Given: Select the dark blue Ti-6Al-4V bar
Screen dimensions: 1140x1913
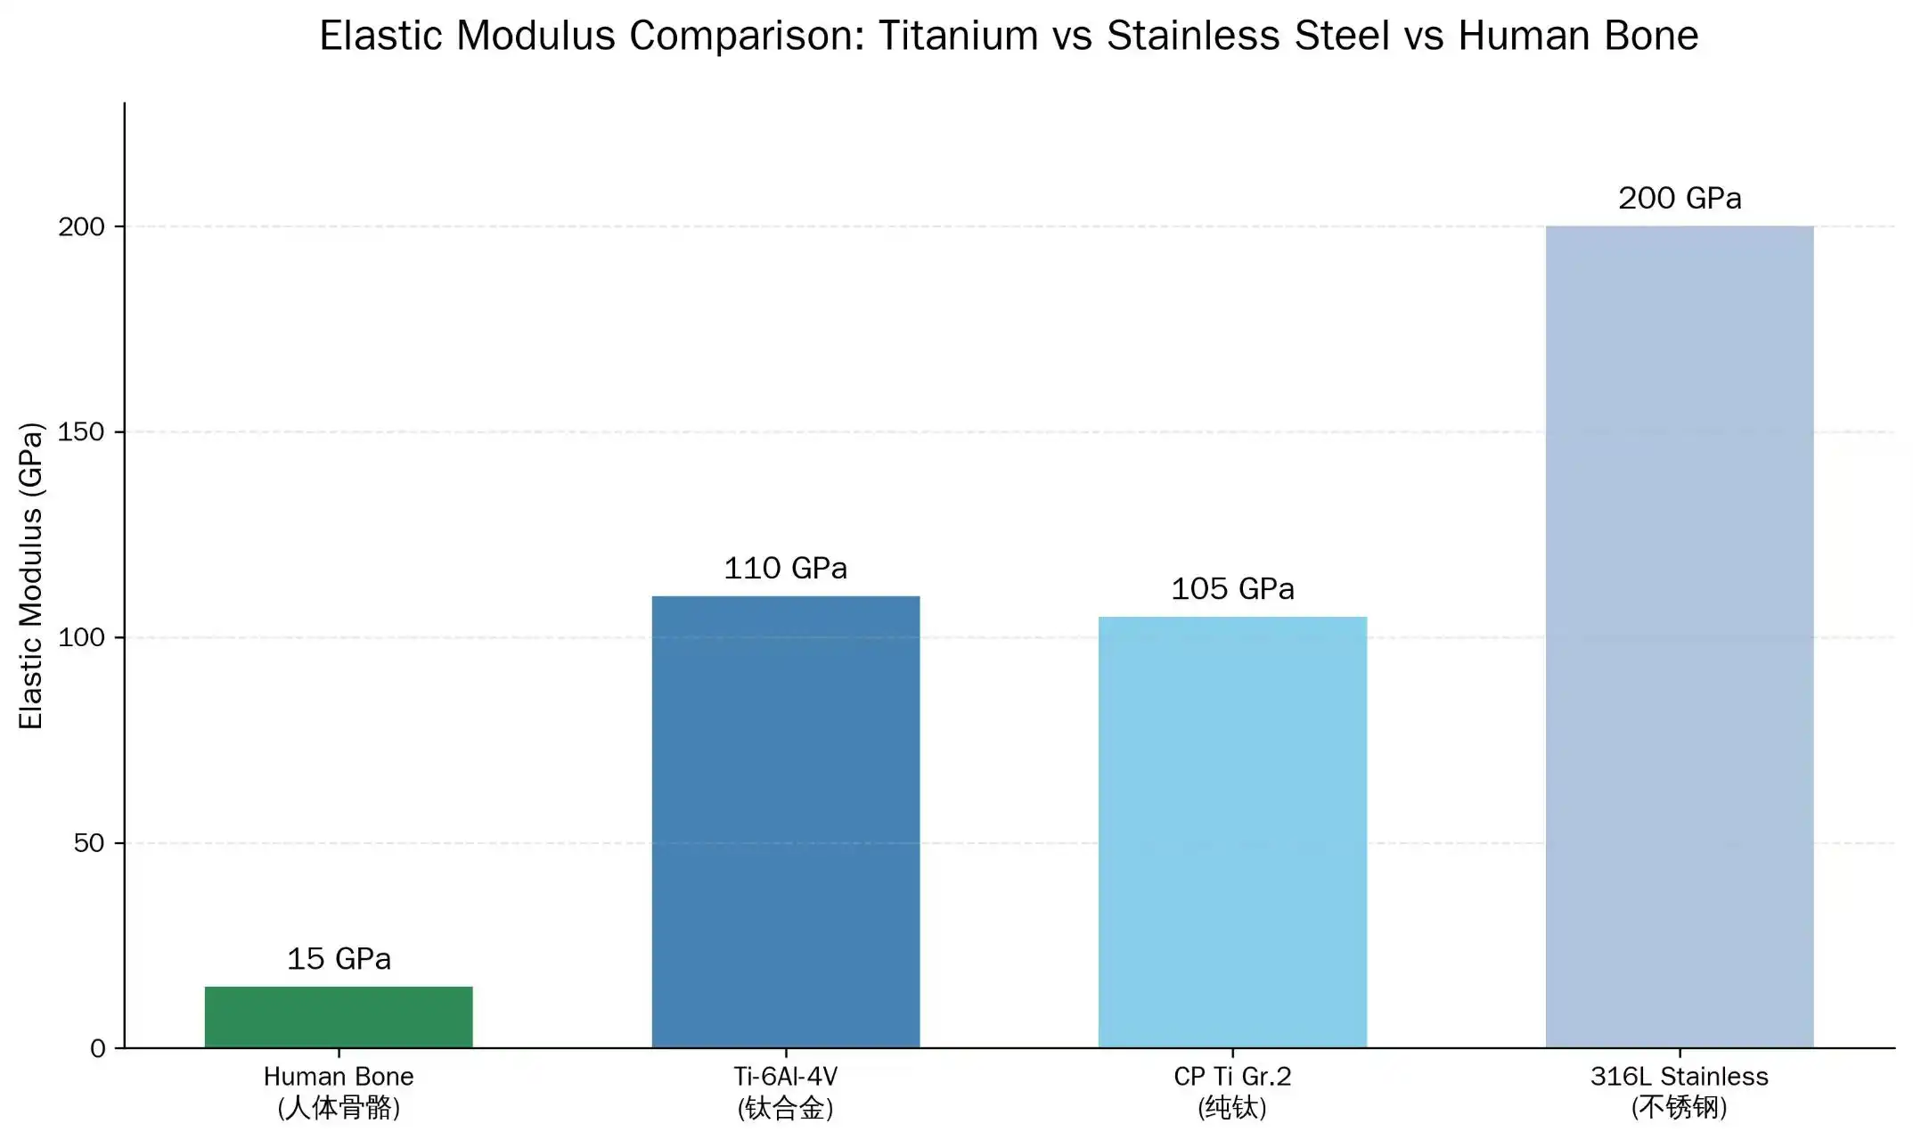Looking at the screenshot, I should tap(785, 821).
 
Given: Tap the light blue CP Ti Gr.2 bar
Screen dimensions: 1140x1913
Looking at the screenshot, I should tap(1232, 832).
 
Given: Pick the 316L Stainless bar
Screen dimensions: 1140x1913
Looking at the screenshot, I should tap(1679, 636).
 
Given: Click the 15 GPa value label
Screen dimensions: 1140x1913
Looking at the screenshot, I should tap(339, 959).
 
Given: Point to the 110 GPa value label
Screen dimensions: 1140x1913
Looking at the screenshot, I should tap(785, 569).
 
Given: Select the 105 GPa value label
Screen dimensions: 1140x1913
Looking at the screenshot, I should tap(1232, 589).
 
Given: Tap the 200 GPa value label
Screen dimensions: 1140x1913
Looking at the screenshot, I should tap(1679, 198).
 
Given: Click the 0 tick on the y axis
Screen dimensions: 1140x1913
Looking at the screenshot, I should tap(98, 1049).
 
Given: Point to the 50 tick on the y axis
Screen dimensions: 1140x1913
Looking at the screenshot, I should tap(89, 843).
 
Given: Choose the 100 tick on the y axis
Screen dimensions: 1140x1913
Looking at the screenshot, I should tap(81, 637).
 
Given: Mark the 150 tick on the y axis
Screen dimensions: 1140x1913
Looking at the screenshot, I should tap(81, 432).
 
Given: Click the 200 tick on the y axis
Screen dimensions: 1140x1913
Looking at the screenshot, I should tap(81, 227).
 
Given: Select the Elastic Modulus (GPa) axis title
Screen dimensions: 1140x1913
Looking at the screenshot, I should tap(31, 576).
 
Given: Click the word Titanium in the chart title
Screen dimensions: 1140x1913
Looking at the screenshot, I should tap(958, 37).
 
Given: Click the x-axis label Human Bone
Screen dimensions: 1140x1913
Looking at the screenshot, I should tap(339, 1077).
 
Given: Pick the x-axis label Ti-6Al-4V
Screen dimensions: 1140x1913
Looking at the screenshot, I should tap(785, 1077).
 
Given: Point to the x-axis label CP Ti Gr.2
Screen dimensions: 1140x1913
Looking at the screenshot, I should tap(1232, 1077).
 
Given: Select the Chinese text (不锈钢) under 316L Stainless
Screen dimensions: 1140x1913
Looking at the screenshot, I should tap(1679, 1108).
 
